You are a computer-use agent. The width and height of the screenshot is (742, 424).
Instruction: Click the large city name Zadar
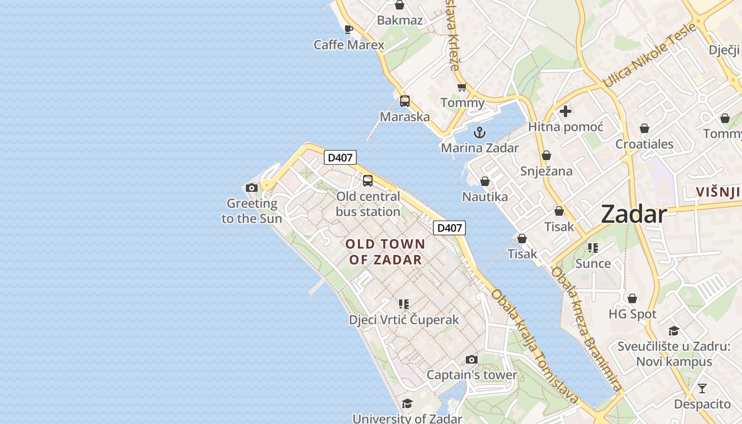coord(633,215)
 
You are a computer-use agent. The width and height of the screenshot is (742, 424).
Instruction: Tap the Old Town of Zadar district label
coord(385,252)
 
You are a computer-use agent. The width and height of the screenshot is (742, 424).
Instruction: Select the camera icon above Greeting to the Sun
coord(252,188)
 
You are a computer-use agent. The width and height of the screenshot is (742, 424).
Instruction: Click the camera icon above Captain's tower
coord(471,359)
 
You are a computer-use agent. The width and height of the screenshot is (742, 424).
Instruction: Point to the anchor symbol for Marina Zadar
coord(480,132)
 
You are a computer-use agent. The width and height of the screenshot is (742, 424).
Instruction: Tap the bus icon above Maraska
coord(405,101)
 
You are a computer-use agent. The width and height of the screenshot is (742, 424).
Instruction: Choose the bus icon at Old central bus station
coord(368,181)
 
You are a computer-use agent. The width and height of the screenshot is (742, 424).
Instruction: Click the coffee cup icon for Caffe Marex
coord(348,29)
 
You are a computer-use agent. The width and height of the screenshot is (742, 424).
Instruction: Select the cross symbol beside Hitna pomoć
coord(566,111)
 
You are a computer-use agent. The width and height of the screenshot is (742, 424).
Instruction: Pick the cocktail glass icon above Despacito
coord(702,388)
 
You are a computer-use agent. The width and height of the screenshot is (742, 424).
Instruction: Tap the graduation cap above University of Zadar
coord(407,404)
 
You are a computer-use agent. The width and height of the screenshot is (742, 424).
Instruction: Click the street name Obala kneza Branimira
coord(586,329)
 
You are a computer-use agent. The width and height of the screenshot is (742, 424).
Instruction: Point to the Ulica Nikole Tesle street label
coord(649,56)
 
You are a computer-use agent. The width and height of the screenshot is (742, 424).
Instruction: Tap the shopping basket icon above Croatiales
coord(644,128)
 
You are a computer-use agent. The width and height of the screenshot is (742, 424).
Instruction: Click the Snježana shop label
coord(546,171)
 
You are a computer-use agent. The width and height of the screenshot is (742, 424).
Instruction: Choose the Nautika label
coord(485,197)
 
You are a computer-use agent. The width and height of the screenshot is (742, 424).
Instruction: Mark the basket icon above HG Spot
coord(632,298)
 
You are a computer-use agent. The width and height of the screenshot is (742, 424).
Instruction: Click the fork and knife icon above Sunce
coord(593,248)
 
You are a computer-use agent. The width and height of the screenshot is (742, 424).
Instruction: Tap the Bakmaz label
coord(400,21)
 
